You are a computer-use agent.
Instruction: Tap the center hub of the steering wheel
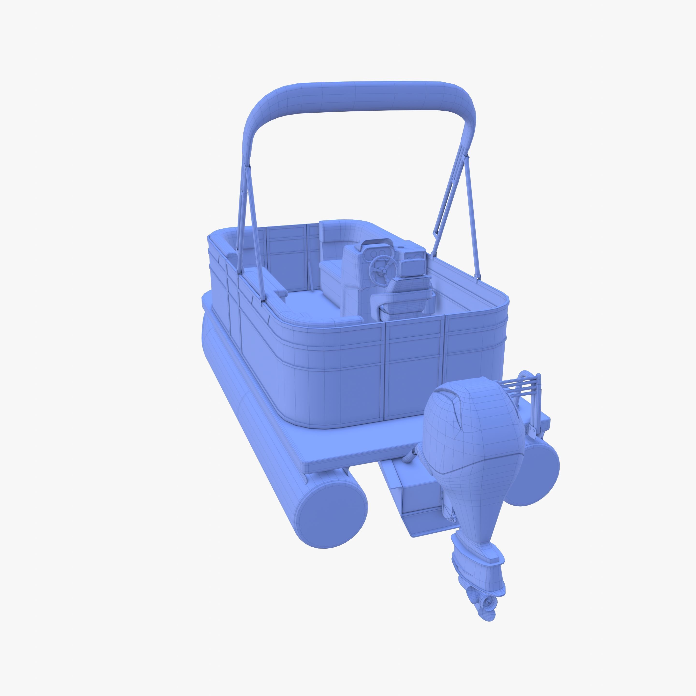coord(384,271)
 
